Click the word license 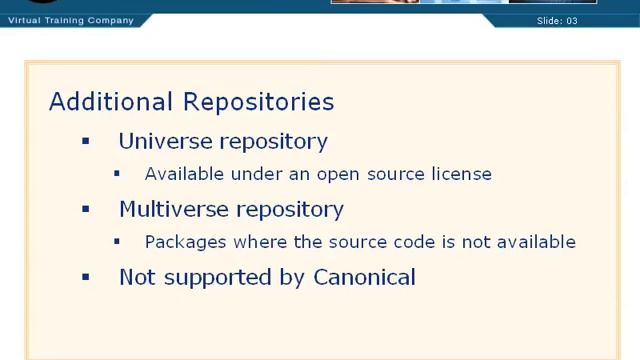point(461,174)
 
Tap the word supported point(219,278)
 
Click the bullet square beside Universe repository point(86,141)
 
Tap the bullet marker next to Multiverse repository point(86,209)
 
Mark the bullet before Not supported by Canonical point(86,277)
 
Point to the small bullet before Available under point(117,173)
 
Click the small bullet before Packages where point(117,241)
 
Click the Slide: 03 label point(557,20)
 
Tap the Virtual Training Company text point(70,20)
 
